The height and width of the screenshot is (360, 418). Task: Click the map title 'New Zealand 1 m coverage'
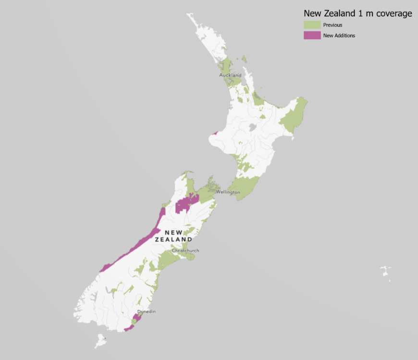[x=357, y=13]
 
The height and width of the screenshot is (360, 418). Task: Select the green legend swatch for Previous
[x=312, y=25]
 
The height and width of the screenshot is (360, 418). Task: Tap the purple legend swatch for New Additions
[x=312, y=35]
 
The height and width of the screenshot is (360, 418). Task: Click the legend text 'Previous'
[x=332, y=25]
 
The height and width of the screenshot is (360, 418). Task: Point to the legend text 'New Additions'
[x=339, y=36]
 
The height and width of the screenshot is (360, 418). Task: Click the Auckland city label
[x=230, y=75]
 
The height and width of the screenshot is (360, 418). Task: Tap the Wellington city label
[x=228, y=192]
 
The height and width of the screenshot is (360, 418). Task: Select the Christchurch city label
[x=185, y=250]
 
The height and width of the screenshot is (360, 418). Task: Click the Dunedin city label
[x=146, y=311]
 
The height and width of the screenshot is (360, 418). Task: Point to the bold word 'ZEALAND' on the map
[x=173, y=239]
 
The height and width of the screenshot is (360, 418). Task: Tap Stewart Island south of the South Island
[x=100, y=342]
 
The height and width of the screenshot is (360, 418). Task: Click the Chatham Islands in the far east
[x=385, y=272]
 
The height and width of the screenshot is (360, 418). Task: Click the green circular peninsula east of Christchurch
[x=191, y=256]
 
